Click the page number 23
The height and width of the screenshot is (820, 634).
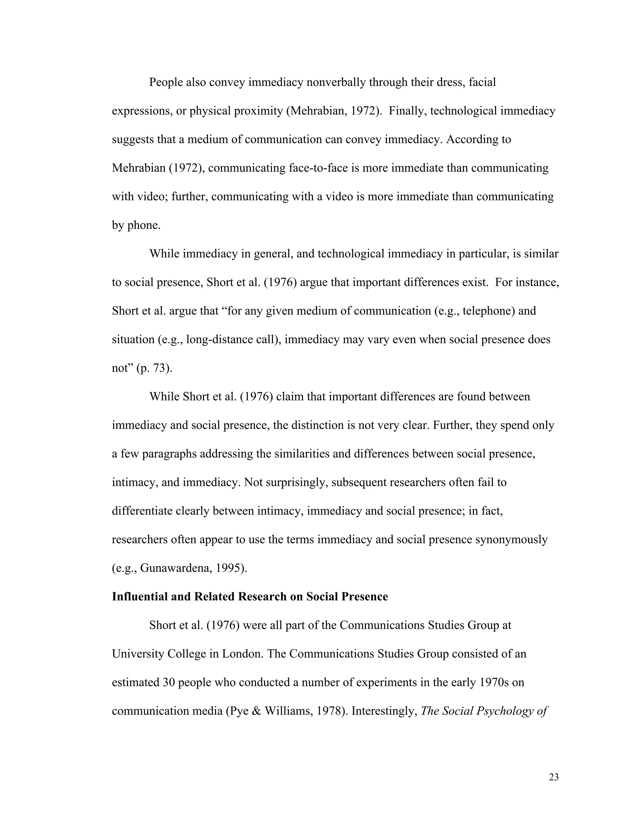554,777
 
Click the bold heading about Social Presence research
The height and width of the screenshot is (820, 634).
250,596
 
